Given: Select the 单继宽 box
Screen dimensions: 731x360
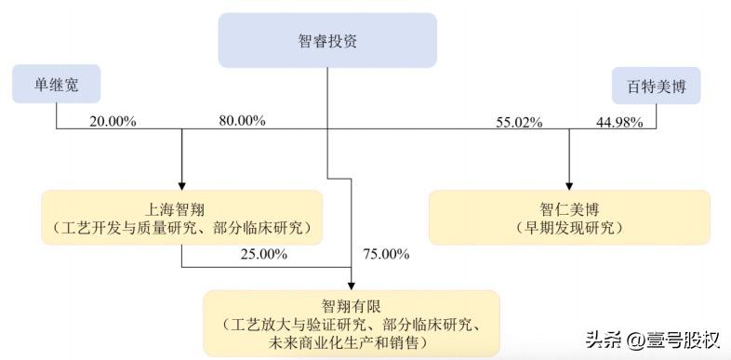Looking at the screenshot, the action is pyautogui.click(x=56, y=84).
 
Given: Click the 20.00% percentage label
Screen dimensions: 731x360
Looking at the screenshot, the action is pyautogui.click(x=113, y=121).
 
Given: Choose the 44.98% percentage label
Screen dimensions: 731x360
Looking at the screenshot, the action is pyautogui.click(x=618, y=122).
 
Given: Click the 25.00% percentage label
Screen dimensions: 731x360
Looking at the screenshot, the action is pyautogui.click(x=263, y=253).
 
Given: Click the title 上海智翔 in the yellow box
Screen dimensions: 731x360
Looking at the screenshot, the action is pyautogui.click(x=181, y=208).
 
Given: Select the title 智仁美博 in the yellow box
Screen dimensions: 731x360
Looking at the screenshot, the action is pyautogui.click(x=568, y=208).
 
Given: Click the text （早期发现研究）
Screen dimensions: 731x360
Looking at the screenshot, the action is pyautogui.click(x=568, y=227).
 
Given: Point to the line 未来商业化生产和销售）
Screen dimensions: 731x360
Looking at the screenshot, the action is pyautogui.click(x=352, y=342).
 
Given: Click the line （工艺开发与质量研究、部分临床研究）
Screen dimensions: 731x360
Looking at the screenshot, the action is pyautogui.click(x=182, y=227).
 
